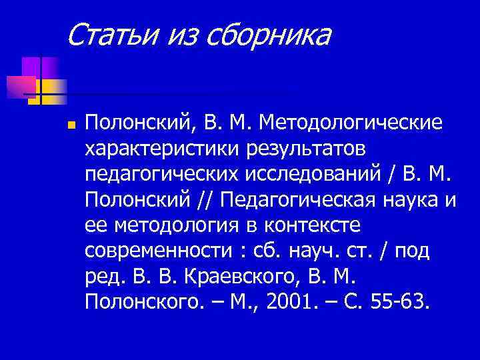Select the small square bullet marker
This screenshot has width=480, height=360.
click(x=70, y=125)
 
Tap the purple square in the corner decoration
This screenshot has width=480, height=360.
click(x=31, y=68)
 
